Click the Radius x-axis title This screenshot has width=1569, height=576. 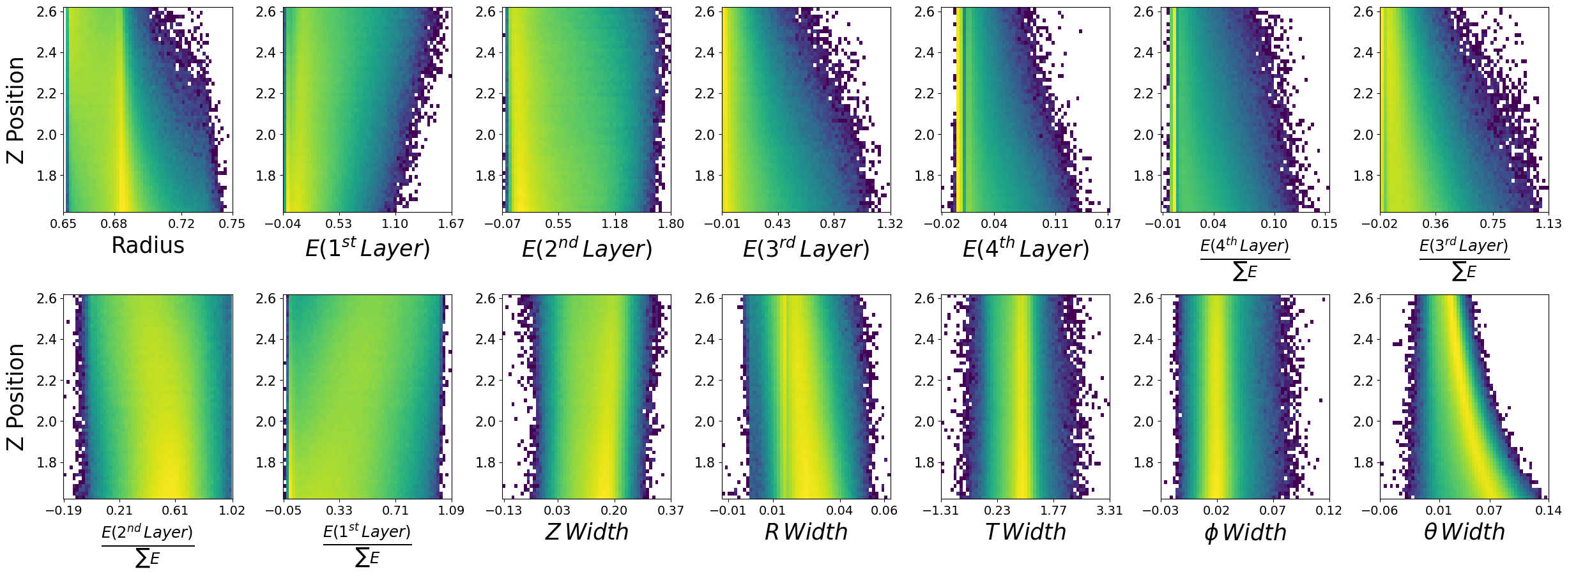(x=148, y=246)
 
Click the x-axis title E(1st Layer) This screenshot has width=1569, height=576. (x=367, y=248)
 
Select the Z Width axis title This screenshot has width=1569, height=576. (x=586, y=532)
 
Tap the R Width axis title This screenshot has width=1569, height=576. (x=806, y=532)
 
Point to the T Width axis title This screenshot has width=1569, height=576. (x=1025, y=532)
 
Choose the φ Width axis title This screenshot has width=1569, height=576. (x=1244, y=533)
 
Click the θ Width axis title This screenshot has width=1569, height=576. (x=1464, y=532)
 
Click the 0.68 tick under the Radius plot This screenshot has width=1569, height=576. (x=114, y=224)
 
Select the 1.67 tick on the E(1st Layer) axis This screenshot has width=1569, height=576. (x=452, y=224)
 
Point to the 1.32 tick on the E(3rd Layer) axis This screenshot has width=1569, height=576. (x=890, y=224)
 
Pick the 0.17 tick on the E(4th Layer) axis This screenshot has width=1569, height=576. (x=1108, y=224)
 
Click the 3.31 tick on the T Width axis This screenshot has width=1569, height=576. (x=1110, y=511)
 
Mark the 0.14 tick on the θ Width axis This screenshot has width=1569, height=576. (x=1548, y=511)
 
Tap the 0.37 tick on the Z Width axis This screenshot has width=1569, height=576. (x=671, y=511)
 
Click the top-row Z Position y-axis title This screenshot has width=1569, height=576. (x=15, y=110)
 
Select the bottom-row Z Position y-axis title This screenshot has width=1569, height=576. (x=15, y=397)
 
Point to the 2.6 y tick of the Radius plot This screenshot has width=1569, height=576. (x=47, y=12)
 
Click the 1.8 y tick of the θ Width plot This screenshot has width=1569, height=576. (x=1363, y=462)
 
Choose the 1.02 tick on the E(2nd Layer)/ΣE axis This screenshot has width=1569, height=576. (x=232, y=511)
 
